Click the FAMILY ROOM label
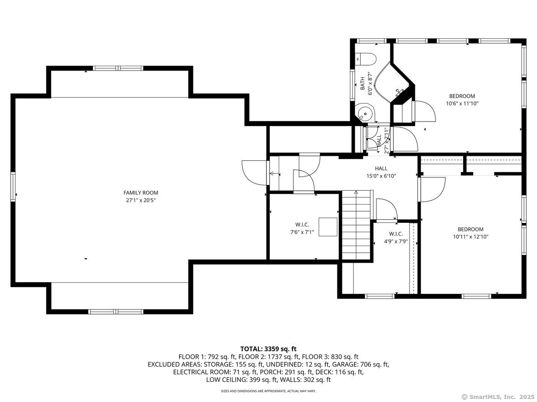141,193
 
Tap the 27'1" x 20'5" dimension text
141,200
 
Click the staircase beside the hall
355,225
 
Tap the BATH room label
362,83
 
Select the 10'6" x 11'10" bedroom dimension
462,104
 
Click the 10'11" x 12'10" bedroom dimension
470,237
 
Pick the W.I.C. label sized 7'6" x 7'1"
302,225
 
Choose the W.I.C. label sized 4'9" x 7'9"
396,234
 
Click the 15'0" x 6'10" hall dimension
381,176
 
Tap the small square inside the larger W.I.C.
328,227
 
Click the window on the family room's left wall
13,187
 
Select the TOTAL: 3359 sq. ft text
268,348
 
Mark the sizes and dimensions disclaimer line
268,391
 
